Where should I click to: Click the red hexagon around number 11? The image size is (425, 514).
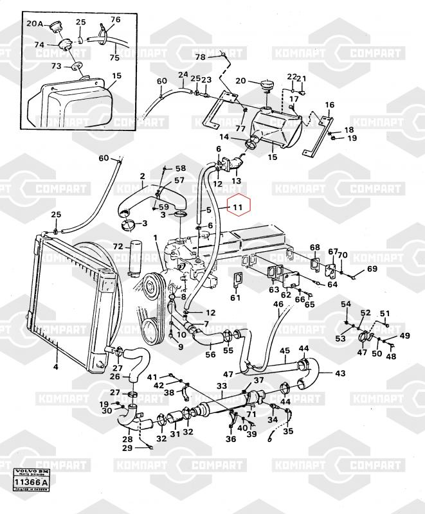point(238,207)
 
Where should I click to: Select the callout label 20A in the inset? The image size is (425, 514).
point(33,24)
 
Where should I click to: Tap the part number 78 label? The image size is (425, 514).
point(200,57)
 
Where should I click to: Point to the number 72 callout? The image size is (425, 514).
point(118,247)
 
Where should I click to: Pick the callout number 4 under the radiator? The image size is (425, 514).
point(56,367)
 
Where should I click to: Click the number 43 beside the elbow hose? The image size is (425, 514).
point(340,373)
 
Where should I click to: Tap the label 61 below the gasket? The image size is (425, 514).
point(235,297)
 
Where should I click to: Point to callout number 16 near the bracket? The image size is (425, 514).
point(329,105)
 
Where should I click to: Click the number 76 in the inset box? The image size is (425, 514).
point(115,20)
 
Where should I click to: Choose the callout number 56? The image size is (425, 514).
point(210,354)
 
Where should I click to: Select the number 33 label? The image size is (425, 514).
point(221,386)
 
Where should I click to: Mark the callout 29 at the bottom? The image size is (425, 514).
point(127,448)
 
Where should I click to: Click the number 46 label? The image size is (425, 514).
point(278,304)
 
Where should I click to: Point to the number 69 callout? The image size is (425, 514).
point(372,269)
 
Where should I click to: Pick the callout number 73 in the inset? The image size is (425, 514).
point(56,66)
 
